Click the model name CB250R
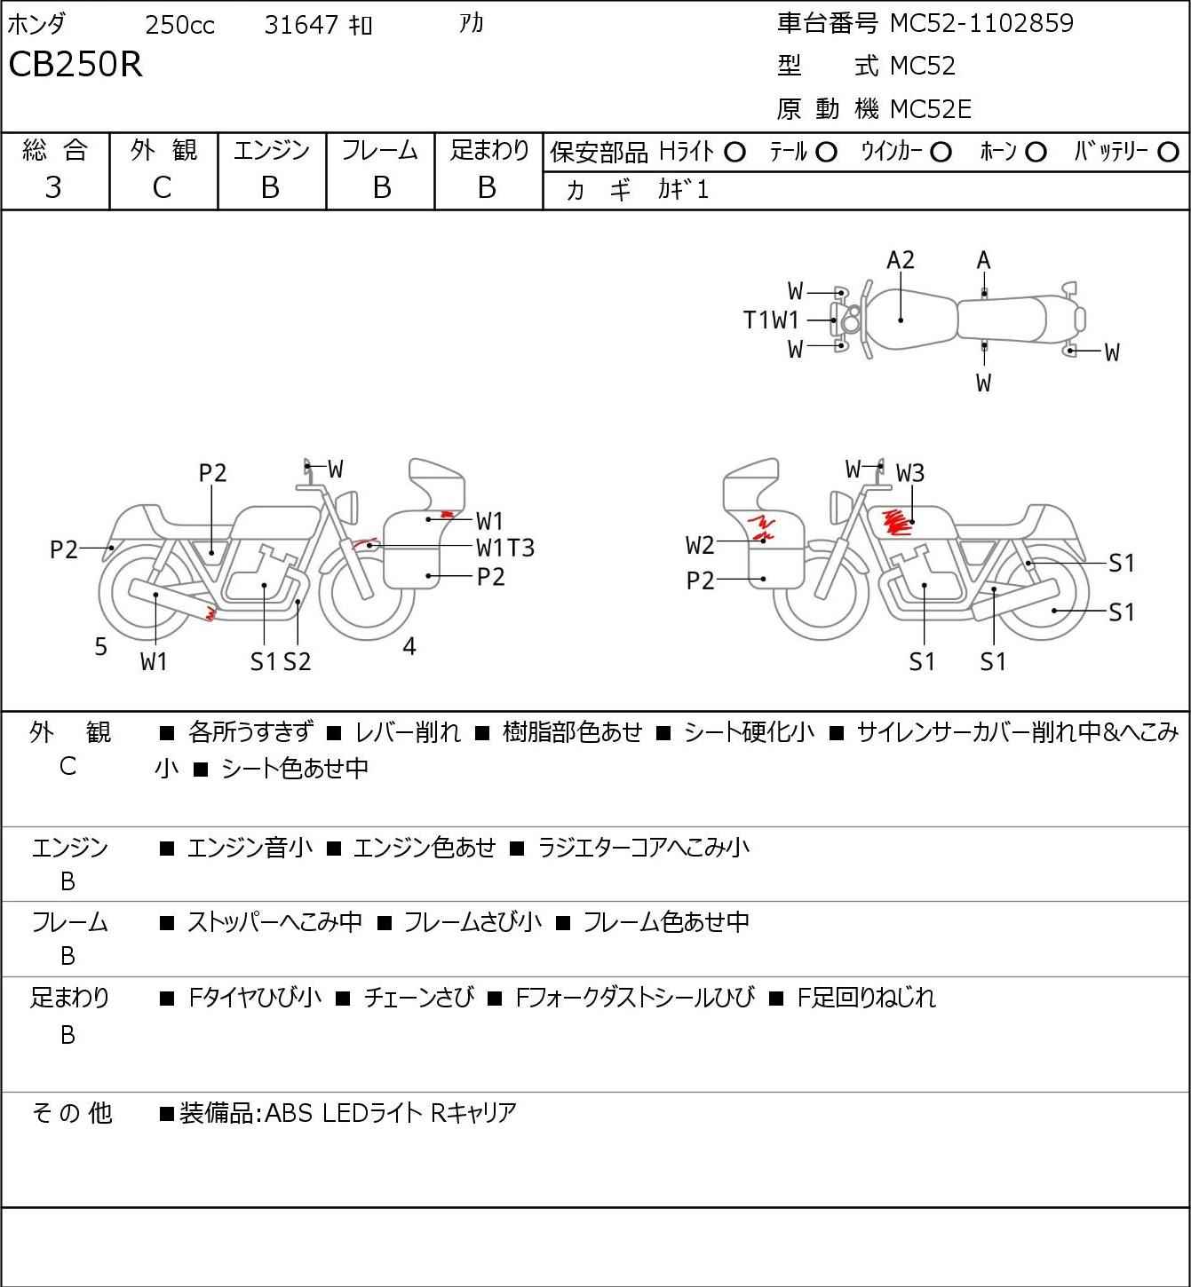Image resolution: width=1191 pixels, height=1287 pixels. (75, 66)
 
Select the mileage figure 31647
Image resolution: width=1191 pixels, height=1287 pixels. (301, 25)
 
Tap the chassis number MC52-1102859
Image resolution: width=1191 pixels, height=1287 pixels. (981, 23)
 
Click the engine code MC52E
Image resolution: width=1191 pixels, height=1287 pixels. (930, 109)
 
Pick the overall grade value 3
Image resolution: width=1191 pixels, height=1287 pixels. (53, 187)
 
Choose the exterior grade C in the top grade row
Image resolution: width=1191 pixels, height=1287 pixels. (162, 187)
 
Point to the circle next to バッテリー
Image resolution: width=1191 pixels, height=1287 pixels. (1169, 153)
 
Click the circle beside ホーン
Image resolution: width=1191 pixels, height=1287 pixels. (1036, 153)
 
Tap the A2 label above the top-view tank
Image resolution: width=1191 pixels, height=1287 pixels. (901, 260)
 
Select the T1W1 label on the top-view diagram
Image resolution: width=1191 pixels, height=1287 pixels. (771, 320)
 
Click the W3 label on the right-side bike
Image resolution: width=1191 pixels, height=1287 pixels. (910, 473)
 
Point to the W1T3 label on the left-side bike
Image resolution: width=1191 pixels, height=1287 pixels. (505, 548)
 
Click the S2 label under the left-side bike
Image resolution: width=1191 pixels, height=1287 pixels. (298, 661)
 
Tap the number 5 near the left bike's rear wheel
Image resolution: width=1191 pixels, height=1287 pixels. (101, 647)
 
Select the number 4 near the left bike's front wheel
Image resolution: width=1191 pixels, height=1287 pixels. (409, 647)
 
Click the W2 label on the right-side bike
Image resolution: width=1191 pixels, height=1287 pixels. (700, 545)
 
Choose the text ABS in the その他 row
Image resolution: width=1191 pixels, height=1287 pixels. (290, 1113)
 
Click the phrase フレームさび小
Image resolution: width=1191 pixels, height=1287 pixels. (472, 922)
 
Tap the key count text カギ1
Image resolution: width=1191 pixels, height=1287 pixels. (683, 190)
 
